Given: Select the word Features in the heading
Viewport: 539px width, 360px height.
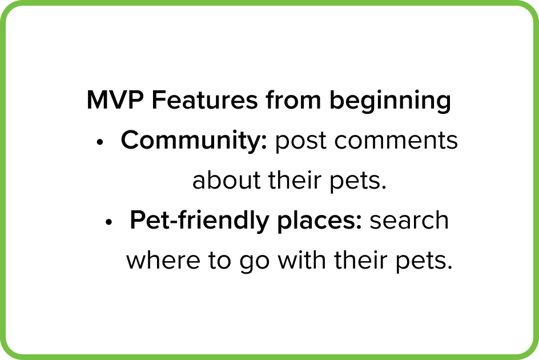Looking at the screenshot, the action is click(x=204, y=100).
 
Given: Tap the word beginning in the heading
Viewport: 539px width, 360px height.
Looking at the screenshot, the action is click(x=390, y=102).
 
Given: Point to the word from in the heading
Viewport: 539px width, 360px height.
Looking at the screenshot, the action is click(x=293, y=99).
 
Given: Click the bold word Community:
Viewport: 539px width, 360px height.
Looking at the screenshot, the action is click(x=194, y=141).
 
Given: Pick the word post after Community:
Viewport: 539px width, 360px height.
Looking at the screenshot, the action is click(x=300, y=142).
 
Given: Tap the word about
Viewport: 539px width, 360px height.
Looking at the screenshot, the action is click(x=226, y=180).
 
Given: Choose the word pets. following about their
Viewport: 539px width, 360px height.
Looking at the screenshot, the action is click(x=358, y=181).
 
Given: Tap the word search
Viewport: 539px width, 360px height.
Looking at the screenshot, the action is click(x=409, y=220).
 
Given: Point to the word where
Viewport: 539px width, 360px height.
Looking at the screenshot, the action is click(x=163, y=260).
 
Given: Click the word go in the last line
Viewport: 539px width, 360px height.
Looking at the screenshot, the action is click(x=255, y=262).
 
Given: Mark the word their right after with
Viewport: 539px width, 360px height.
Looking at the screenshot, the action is click(x=361, y=259).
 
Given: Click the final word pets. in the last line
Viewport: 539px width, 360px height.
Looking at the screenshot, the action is click(x=424, y=262).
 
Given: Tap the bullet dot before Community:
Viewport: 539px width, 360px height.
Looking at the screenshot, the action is click(x=100, y=142).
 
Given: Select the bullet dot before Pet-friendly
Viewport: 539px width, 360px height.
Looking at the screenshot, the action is click(x=109, y=222).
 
